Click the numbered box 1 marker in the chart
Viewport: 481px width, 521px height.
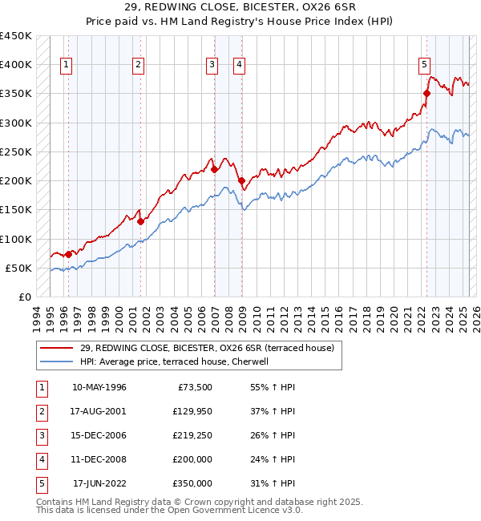click(x=66, y=66)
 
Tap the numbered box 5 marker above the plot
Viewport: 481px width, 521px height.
click(x=424, y=66)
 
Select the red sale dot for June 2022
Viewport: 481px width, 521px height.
click(x=426, y=93)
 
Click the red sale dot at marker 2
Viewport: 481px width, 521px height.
click(x=139, y=221)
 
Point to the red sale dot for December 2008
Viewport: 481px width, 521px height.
click(x=241, y=180)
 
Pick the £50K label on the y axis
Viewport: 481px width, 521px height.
click(x=19, y=268)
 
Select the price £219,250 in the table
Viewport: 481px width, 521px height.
click(x=192, y=435)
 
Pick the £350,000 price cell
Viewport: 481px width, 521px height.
click(x=192, y=483)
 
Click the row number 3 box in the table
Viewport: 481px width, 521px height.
click(x=41, y=435)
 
